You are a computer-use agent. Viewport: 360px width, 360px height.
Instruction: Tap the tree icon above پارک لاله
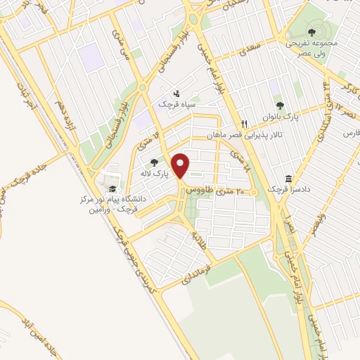(x=154, y=163)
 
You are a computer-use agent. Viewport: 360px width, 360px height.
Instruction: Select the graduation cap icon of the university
(x=112, y=188)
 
